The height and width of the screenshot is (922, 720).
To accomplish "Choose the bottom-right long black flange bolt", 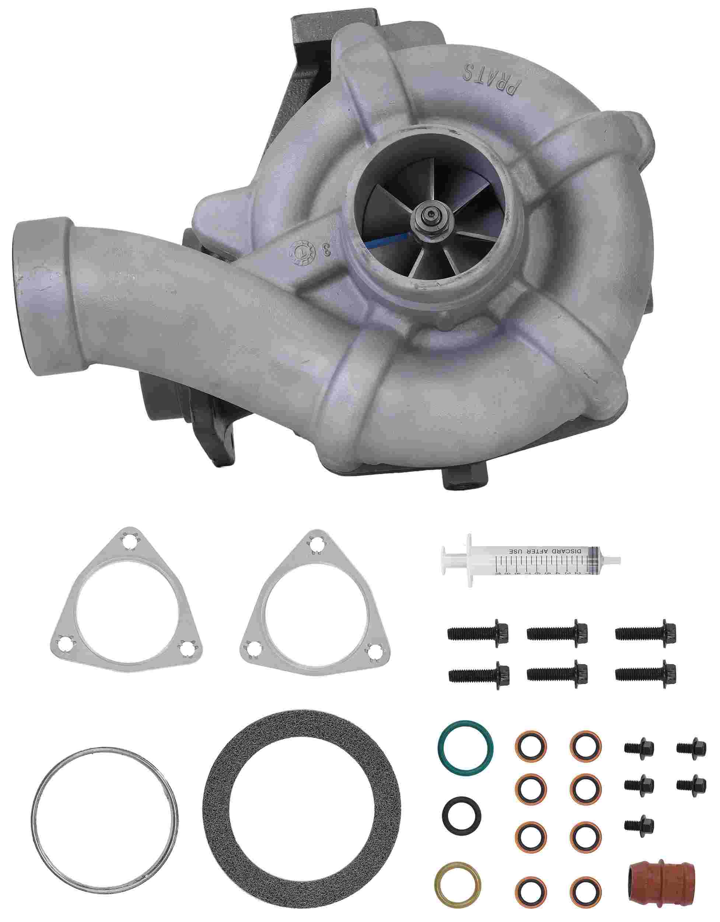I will tap(646, 671).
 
